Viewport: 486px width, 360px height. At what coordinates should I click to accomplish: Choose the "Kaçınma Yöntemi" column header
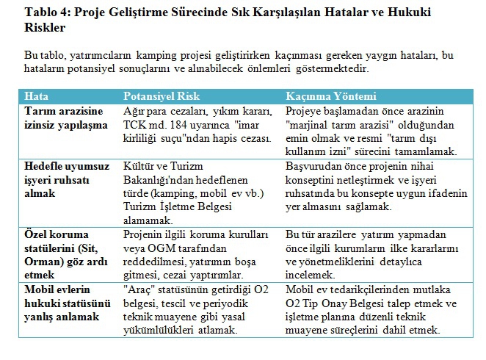point(330,96)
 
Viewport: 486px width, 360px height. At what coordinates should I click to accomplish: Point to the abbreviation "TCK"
point(136,124)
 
